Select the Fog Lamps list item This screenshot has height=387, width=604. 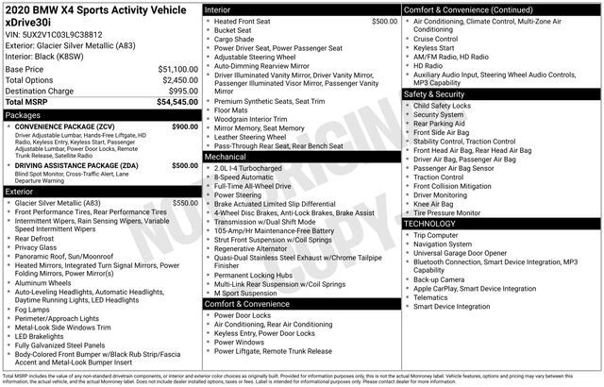click(33, 308)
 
